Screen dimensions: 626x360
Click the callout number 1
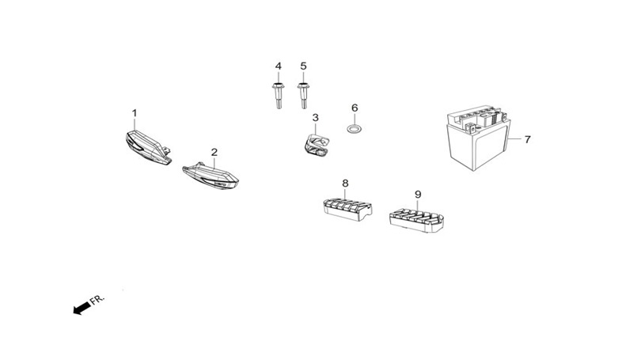tap(135, 113)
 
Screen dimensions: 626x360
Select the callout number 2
tap(214, 152)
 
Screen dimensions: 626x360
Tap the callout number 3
tap(316, 118)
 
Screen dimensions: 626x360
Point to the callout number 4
tap(279, 66)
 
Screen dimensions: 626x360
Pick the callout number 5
tap(303, 66)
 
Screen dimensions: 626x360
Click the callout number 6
tap(355, 108)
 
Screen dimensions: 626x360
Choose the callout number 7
tap(527, 139)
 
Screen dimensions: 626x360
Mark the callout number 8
tap(345, 184)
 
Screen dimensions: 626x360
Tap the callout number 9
tap(418, 195)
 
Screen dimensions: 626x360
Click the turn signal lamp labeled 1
tap(148, 147)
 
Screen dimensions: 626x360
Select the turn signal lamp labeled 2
tap(211, 176)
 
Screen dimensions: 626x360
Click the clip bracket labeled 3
tap(316, 145)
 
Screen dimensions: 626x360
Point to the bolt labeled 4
tap(279, 96)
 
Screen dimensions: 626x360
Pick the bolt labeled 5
tap(303, 96)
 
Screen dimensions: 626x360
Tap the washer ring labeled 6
tap(354, 129)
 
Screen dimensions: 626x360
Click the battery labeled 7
tap(478, 138)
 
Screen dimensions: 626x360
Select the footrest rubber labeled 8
tap(347, 210)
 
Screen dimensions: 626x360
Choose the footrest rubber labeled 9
tap(416, 221)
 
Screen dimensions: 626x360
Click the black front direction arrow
tap(82, 308)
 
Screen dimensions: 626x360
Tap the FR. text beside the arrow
tap(97, 300)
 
